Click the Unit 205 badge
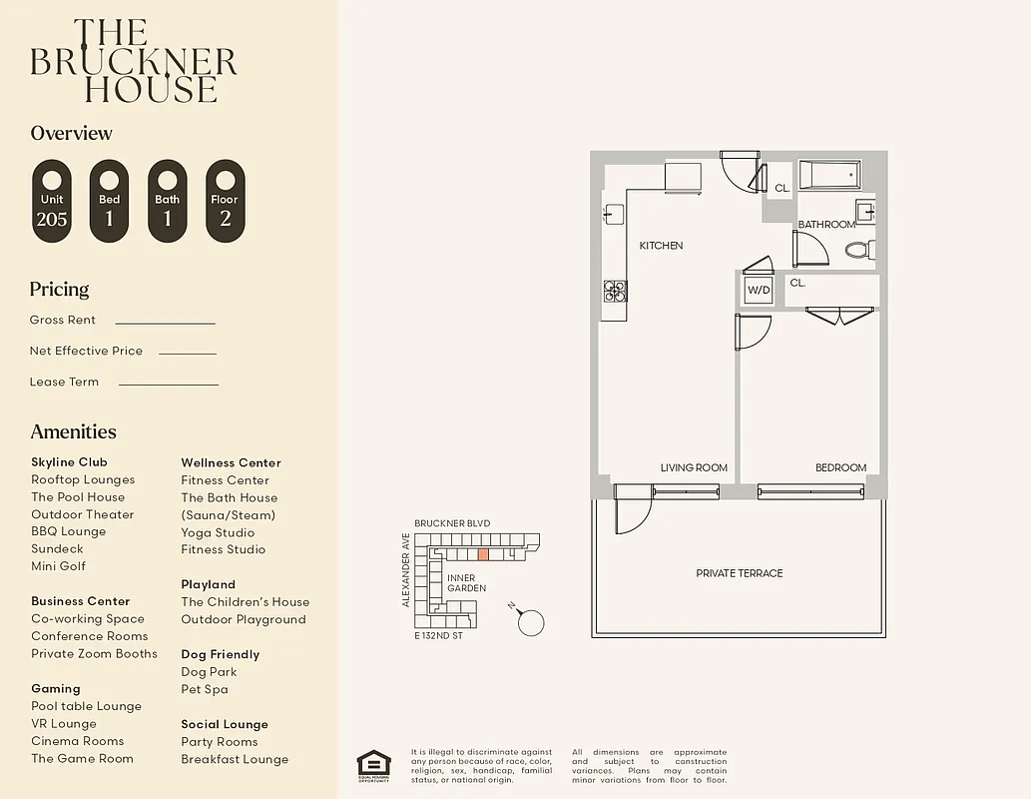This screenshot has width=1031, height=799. [x=52, y=201]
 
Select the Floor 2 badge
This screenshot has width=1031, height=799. [x=225, y=201]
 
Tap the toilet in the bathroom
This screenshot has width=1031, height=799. [x=859, y=249]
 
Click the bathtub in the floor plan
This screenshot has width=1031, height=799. [x=829, y=177]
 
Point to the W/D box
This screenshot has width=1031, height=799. [x=759, y=291]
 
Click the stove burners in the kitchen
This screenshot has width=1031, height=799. [x=615, y=291]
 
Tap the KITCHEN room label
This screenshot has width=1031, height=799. [x=661, y=246]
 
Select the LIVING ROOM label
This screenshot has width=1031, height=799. [x=694, y=467]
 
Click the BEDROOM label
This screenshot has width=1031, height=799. [x=840, y=467]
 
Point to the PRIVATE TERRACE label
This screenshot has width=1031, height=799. [x=739, y=573]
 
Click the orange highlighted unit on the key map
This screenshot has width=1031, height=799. [x=483, y=553]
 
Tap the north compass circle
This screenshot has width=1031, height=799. [x=533, y=622]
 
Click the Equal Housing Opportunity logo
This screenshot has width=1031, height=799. [x=373, y=764]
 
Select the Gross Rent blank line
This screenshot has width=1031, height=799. [x=165, y=323]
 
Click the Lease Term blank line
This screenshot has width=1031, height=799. [x=168, y=384]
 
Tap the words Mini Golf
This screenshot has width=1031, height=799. [x=58, y=566]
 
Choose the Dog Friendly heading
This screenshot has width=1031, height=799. [x=220, y=654]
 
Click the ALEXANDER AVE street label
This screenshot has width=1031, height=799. [x=406, y=569]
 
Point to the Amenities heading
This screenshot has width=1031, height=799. [x=73, y=431]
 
